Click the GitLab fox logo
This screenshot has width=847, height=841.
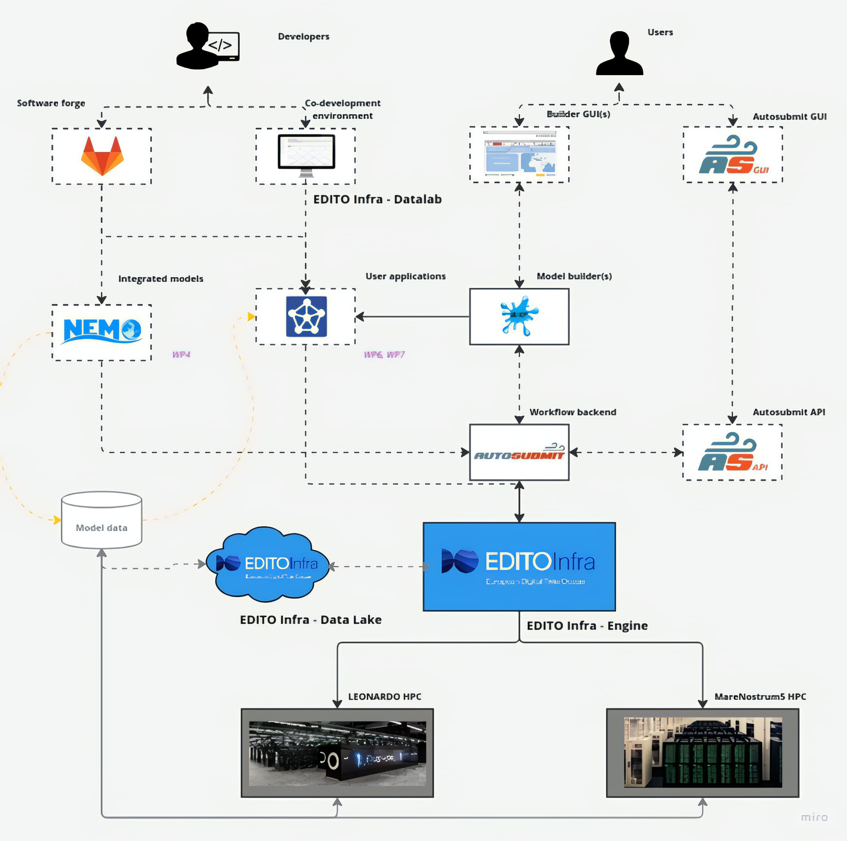(x=102, y=156)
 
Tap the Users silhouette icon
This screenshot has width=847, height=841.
(x=619, y=53)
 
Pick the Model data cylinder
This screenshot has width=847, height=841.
(x=101, y=520)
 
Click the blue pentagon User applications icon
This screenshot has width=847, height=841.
(x=306, y=317)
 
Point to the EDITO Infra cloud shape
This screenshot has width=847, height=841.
(x=267, y=564)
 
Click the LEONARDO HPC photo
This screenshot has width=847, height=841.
(x=337, y=753)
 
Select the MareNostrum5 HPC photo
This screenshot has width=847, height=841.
(x=702, y=753)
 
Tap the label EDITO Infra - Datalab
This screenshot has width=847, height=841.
(x=377, y=199)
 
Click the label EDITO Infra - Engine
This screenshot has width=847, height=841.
(x=587, y=626)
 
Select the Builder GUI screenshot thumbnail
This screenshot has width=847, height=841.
(x=519, y=154)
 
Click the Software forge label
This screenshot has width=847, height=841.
(x=51, y=103)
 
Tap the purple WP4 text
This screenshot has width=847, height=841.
(x=181, y=354)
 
